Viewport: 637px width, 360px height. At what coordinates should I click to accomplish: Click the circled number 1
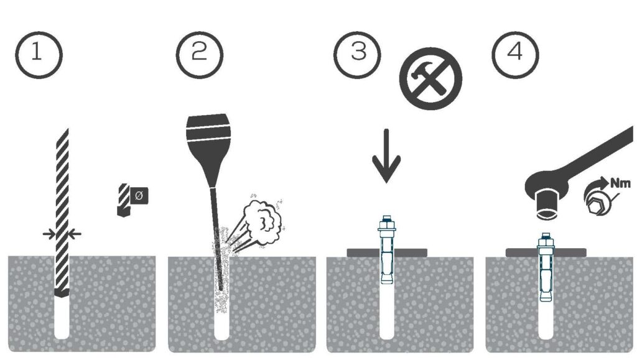coord(39,55)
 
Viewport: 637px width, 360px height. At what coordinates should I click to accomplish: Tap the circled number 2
coord(200,55)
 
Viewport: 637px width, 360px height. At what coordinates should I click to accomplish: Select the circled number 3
coord(357,55)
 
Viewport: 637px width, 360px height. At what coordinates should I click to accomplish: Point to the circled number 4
coord(515,55)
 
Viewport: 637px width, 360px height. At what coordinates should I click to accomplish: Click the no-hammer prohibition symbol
coord(430,78)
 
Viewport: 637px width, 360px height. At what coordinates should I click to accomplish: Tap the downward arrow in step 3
coord(386,156)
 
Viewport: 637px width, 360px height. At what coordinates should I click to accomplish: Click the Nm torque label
coord(620,183)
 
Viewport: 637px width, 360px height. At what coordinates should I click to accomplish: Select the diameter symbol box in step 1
coord(139,196)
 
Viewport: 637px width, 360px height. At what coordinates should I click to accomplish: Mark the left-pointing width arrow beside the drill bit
coord(75,234)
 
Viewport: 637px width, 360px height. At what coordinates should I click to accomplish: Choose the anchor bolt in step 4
coord(546,267)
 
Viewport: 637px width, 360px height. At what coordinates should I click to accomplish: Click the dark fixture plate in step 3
coord(387,253)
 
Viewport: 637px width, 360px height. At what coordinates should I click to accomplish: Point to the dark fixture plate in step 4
coord(546,253)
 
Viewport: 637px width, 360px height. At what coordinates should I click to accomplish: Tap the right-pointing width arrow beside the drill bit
coord(49,234)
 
